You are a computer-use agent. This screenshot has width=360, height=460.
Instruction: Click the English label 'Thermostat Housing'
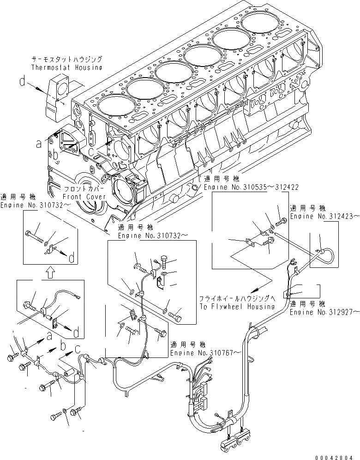tap(66, 67)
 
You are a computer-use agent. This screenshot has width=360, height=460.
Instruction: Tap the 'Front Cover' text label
tap(85, 197)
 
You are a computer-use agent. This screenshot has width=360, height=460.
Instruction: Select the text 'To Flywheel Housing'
tap(237, 306)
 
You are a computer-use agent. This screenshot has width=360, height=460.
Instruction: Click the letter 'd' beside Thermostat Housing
tap(22, 83)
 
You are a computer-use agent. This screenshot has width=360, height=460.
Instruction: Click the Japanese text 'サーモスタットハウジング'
tap(66, 60)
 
